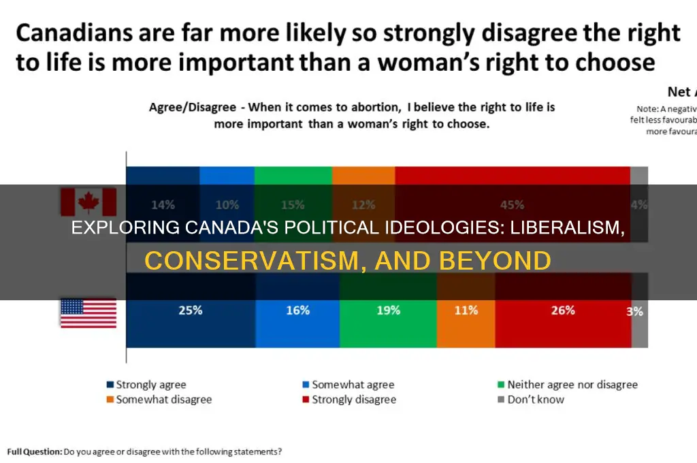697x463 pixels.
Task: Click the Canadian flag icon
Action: coord(88,202)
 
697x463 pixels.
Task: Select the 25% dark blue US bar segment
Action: coord(191,311)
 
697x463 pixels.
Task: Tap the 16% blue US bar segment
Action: coord(297,311)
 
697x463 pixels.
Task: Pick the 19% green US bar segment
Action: coord(387,311)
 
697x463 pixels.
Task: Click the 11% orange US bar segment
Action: coord(466,311)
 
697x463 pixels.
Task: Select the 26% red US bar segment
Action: coord(563,311)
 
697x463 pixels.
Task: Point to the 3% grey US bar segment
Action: coord(639,311)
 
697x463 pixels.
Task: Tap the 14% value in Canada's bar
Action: coord(163,204)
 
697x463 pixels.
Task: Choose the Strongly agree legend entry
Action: coord(146,385)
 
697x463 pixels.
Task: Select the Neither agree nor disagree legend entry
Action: coord(566,385)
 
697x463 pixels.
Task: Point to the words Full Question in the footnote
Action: coord(34,451)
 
